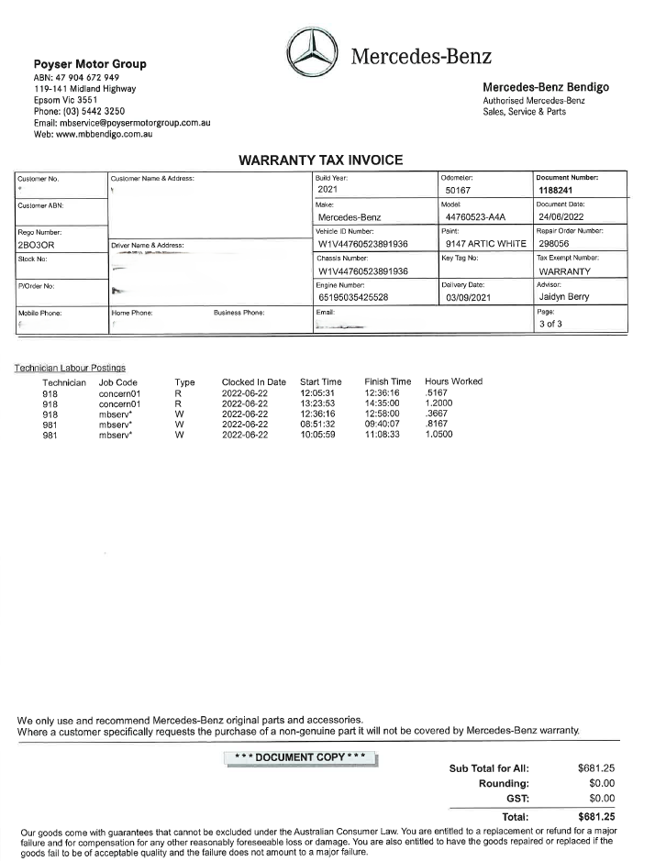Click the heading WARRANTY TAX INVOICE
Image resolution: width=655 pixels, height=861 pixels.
coord(320,160)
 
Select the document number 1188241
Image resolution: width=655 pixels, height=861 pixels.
coord(556,190)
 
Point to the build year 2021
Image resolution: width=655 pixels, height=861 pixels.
coord(328,190)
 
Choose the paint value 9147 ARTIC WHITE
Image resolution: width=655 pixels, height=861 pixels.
coord(484,245)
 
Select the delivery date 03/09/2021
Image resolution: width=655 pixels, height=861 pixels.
coord(471,297)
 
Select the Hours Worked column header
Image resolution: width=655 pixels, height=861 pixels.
coord(453,381)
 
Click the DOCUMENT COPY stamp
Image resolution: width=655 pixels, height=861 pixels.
coord(301,757)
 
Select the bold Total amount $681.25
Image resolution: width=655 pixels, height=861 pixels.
coord(595,816)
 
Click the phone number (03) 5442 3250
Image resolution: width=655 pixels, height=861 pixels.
coord(80,111)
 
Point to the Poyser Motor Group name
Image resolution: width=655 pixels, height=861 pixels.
coord(90,64)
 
